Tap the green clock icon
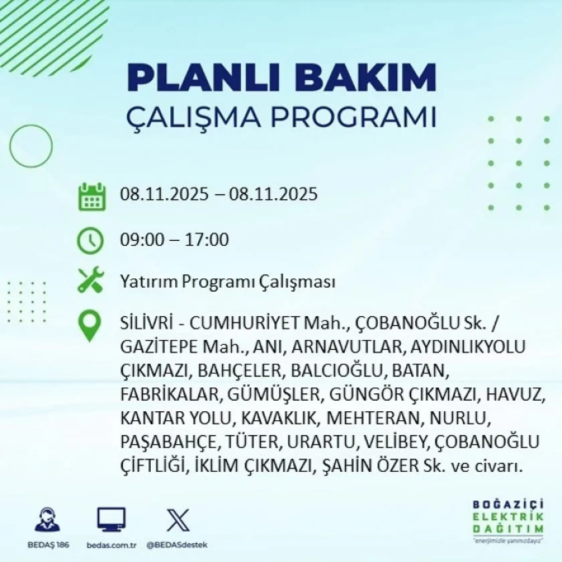90,240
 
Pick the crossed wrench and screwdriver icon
91,280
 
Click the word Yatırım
149,282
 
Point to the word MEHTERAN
373,418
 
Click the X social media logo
178,520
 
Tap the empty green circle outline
31,145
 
